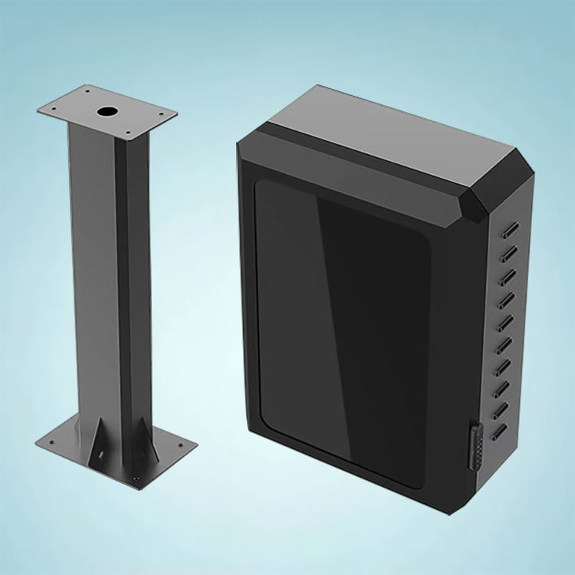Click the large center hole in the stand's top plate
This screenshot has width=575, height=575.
click(106, 112)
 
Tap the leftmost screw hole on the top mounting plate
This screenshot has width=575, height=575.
click(55, 109)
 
